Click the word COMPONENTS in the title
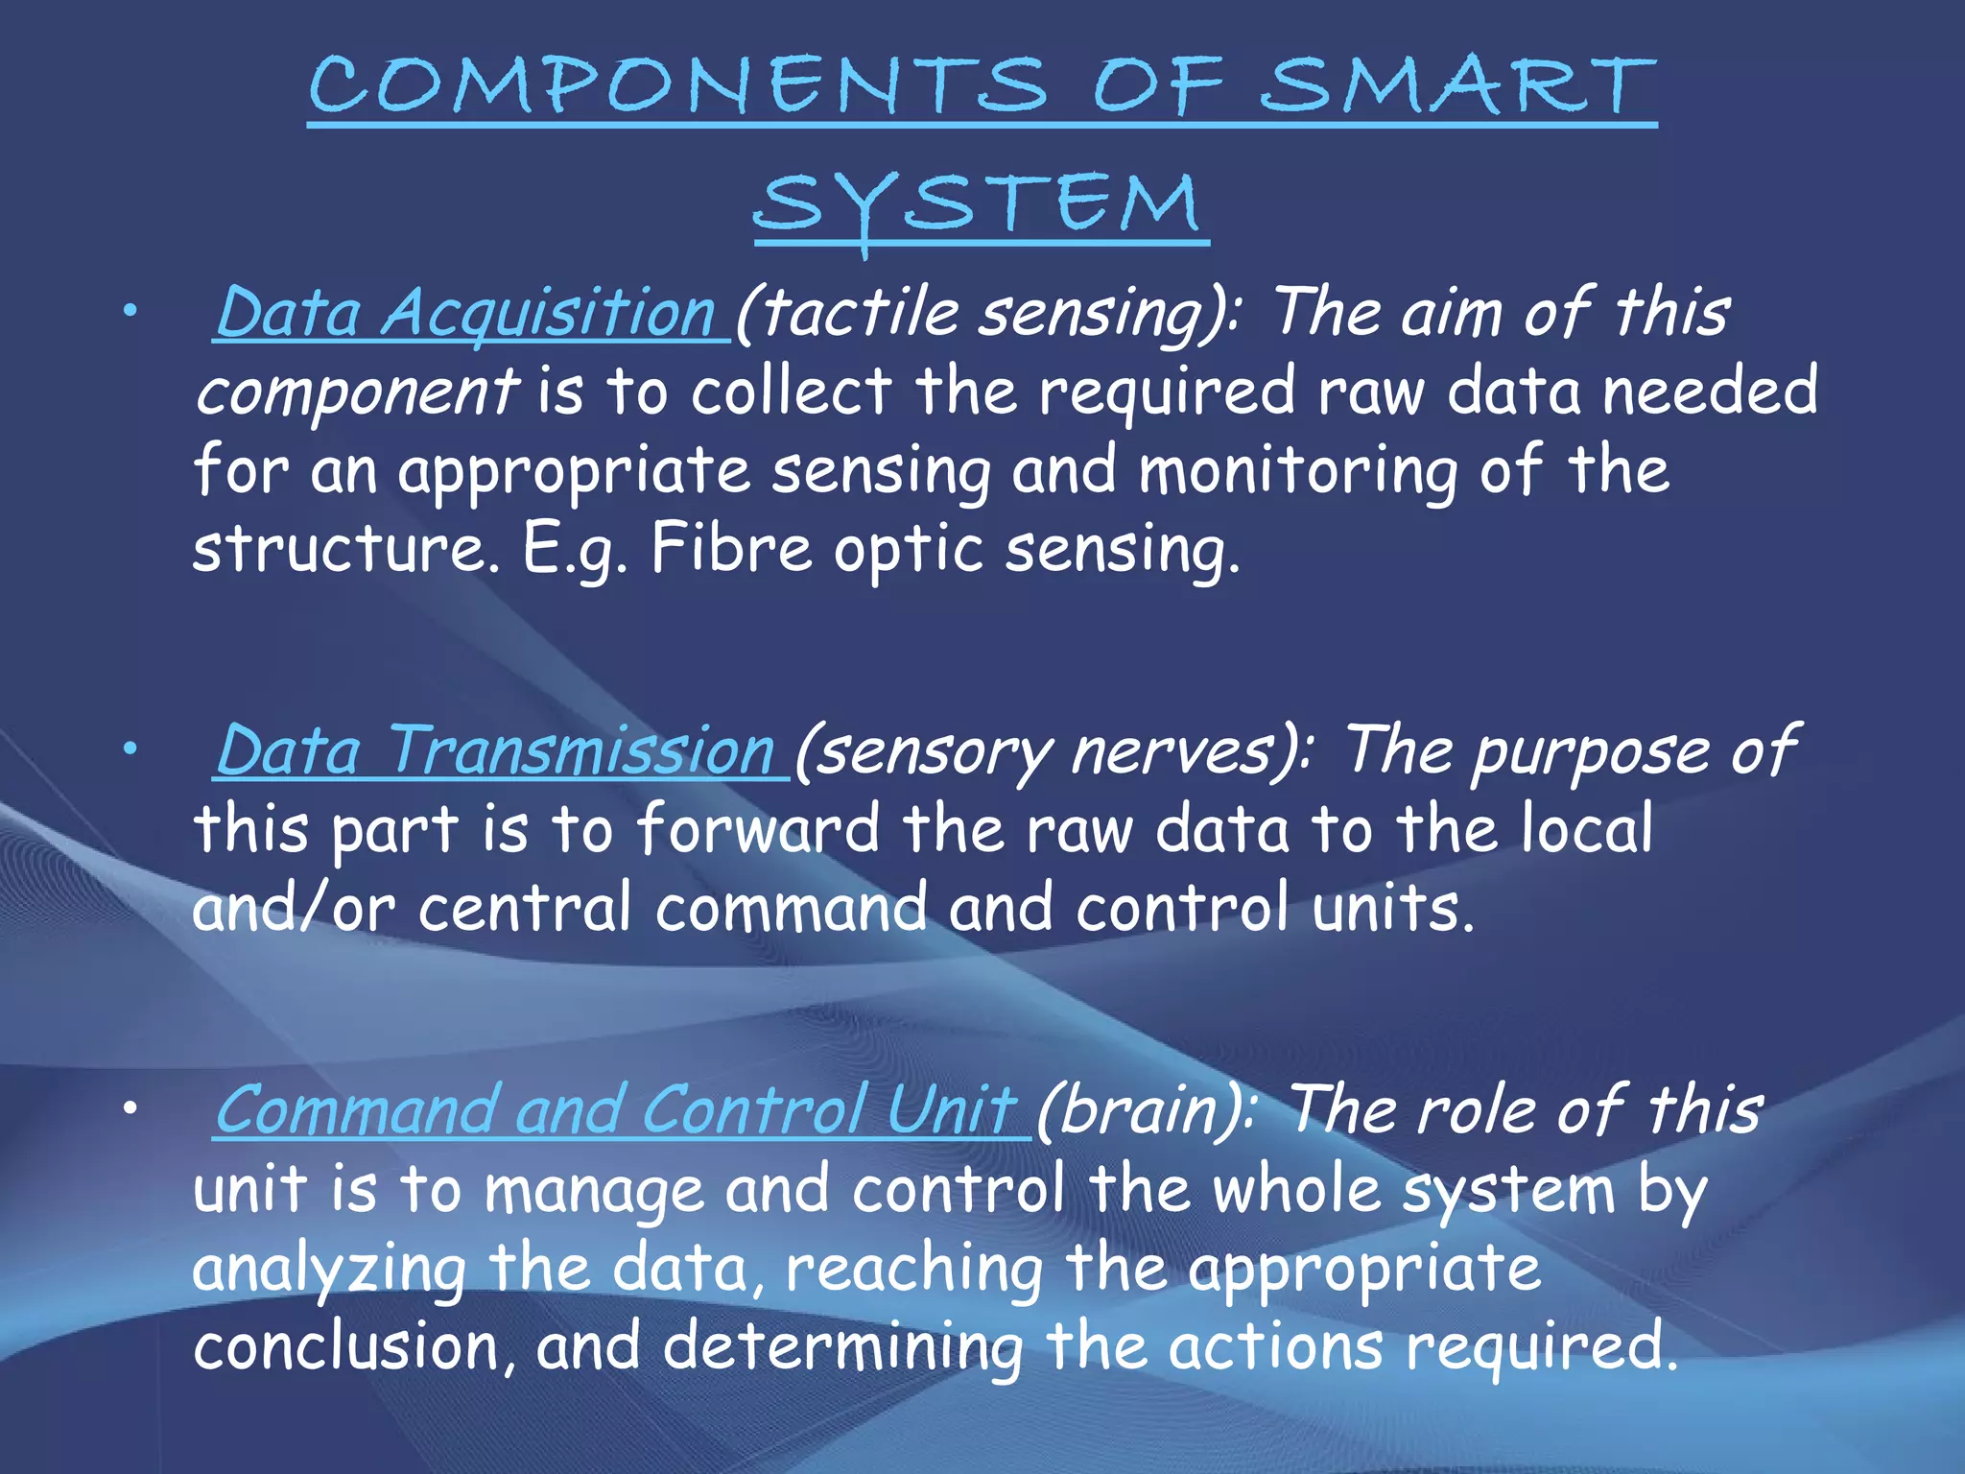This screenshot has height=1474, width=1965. click(x=677, y=86)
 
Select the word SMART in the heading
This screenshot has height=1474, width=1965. click(x=1458, y=86)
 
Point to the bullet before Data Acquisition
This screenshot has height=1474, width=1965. click(x=130, y=310)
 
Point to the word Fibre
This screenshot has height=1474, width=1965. click(x=731, y=550)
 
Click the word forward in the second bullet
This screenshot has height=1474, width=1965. click(x=758, y=829)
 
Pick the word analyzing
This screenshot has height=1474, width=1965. click(x=329, y=1269)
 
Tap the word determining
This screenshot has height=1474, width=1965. click(x=843, y=1346)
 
